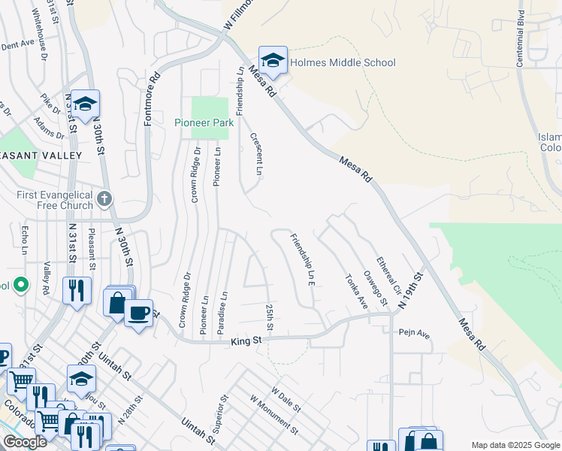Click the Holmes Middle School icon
click(273, 62)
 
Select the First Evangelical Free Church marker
click(105, 199)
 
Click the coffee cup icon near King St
click(138, 313)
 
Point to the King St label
click(246, 341)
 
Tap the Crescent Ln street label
click(255, 154)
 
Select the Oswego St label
click(374, 289)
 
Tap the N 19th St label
click(412, 288)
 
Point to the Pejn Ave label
click(413, 331)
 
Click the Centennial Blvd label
click(520, 40)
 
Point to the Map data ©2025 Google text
click(515, 445)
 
